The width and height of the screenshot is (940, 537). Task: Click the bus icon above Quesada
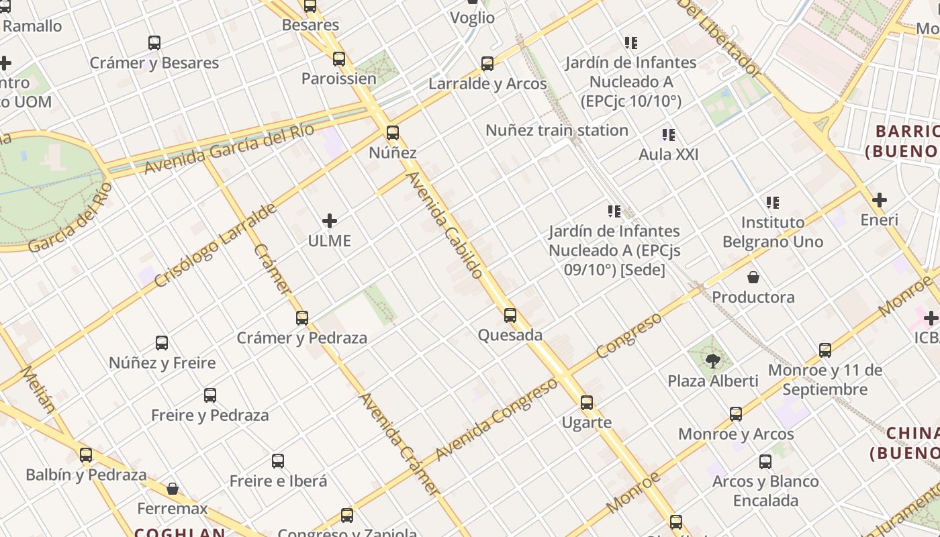coord(510,315)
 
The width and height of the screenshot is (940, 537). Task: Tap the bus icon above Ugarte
coord(587,403)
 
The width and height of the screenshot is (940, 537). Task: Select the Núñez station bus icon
coord(393,133)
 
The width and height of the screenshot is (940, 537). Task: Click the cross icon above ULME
coord(330,220)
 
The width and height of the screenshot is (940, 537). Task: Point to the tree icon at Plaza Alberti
coord(713,361)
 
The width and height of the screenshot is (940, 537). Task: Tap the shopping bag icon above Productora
coord(753,277)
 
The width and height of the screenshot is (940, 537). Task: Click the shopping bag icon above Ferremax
coord(173,489)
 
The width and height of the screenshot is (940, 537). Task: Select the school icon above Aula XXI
coord(668,135)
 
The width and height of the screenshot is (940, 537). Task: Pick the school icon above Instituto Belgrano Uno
coord(773,202)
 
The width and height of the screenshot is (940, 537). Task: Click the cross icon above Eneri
coord(880,199)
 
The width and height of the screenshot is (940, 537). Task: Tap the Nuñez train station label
coord(557,130)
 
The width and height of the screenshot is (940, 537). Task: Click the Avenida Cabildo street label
coord(445,225)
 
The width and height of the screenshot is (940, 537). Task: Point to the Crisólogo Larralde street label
coord(215,245)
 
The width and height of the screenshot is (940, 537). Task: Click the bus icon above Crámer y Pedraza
coord(302,318)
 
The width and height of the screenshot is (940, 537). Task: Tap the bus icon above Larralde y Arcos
coord(487,64)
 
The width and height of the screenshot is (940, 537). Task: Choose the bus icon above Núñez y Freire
coord(162,343)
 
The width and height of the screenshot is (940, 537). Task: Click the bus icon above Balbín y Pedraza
coord(86,455)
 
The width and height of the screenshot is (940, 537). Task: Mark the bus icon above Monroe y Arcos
coord(736,414)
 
